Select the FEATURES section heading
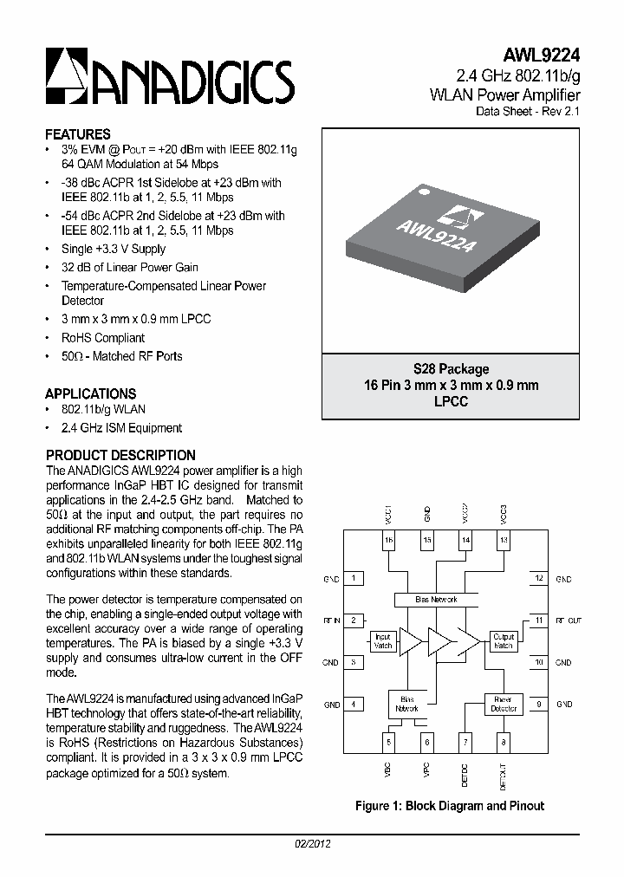78,134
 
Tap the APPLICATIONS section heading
91,393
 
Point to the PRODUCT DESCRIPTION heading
120,455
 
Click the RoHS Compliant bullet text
103,338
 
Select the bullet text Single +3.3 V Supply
114,249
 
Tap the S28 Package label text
451,369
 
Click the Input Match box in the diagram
383,641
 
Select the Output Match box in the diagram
503,641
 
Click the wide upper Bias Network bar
437,600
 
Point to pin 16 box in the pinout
389,541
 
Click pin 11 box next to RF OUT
538,620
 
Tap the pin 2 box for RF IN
354,620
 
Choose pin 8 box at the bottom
503,742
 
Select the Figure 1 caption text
450,806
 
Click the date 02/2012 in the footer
309,843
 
